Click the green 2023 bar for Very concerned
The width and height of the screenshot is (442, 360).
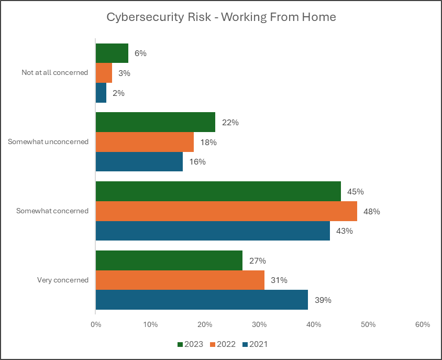pos(169,260)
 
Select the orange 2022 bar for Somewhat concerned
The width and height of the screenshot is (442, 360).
pos(226,211)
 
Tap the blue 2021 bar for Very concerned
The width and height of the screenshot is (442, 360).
pos(202,300)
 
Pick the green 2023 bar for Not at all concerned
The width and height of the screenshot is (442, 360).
pos(112,53)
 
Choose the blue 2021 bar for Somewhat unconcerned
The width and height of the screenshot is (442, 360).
pos(139,161)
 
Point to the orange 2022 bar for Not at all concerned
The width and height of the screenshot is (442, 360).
pos(104,73)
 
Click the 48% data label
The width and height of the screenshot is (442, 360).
pos(372,212)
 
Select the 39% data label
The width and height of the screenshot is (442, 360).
pos(323,300)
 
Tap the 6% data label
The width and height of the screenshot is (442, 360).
pos(140,53)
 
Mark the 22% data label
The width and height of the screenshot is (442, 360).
pos(230,123)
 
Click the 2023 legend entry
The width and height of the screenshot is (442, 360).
pos(191,344)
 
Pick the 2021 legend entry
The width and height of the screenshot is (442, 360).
pos(255,344)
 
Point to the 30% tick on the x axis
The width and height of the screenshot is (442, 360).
pos(259,325)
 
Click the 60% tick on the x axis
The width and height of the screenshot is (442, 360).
pos(423,325)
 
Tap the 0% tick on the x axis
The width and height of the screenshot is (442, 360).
pos(96,325)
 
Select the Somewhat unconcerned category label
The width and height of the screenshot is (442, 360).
pos(48,141)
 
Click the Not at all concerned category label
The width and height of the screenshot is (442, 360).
pos(54,73)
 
